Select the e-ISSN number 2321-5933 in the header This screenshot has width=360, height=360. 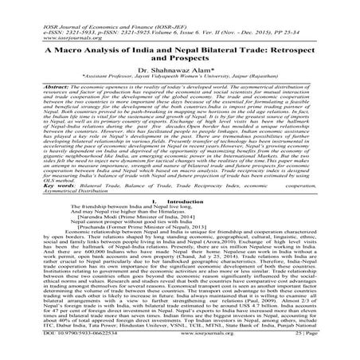point(56,14)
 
